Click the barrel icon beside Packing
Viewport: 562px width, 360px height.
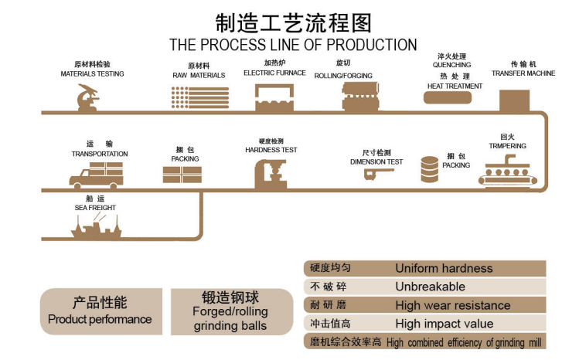click(430, 169)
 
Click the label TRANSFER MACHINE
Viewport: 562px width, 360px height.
click(523, 73)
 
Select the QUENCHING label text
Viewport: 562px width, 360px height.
click(452, 65)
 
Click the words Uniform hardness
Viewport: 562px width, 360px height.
click(444, 269)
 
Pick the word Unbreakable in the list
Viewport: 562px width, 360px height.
click(430, 287)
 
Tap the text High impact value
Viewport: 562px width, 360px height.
click(444, 324)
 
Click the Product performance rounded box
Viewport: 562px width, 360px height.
click(100, 311)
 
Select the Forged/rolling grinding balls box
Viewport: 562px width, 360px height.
click(230, 311)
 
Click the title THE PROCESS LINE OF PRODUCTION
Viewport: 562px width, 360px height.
click(293, 45)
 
